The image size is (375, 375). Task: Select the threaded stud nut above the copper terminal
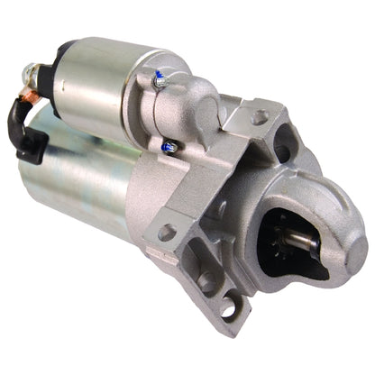tap(32, 71)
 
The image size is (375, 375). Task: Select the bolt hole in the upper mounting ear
tap(260, 116)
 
